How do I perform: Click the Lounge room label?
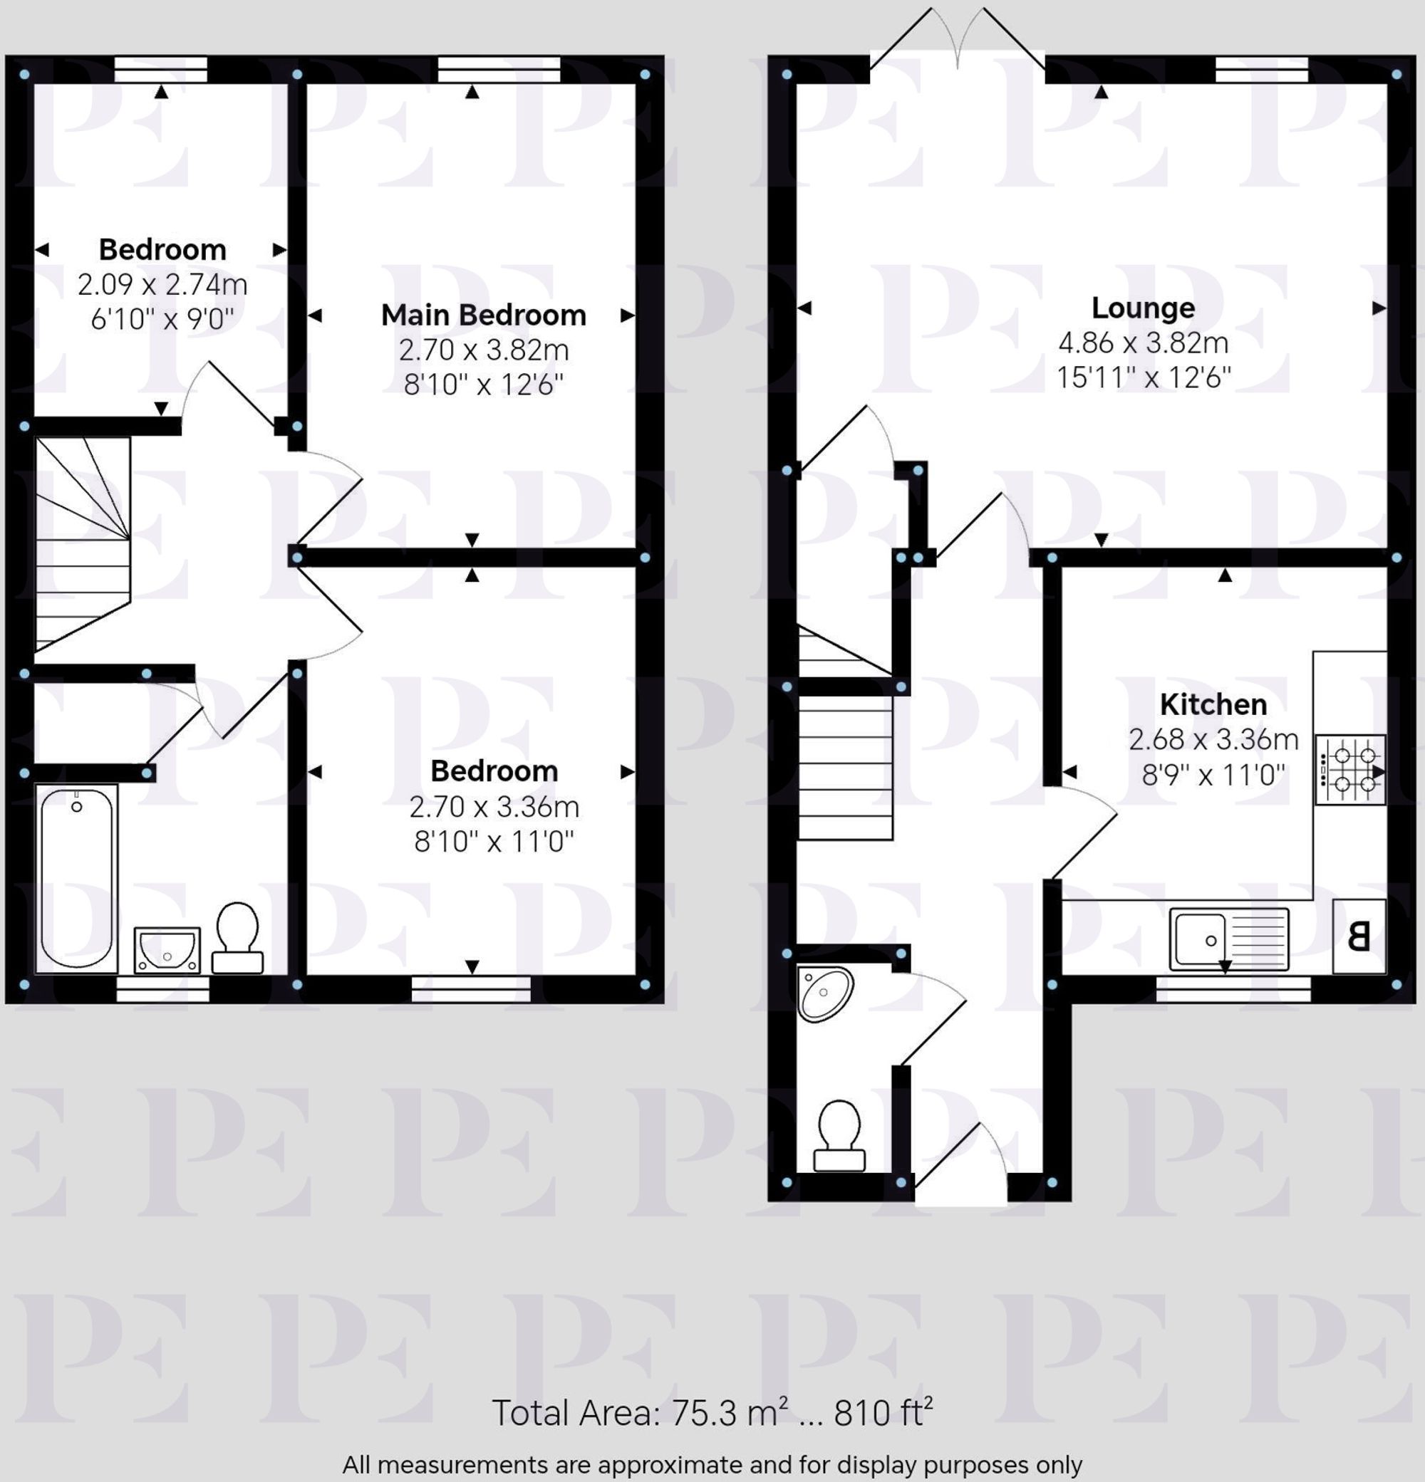tap(1143, 308)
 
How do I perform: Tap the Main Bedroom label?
tap(483, 315)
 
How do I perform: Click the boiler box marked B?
tap(1359, 936)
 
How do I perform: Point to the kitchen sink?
tap(1228, 939)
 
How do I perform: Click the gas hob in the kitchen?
tap(1350, 770)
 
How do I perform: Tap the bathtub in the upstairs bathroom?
tap(76, 878)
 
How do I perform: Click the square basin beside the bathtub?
tap(167, 951)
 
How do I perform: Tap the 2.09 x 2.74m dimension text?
tap(162, 284)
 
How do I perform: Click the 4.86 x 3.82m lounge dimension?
tap(1143, 343)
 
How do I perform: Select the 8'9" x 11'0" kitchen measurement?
tap(1213, 774)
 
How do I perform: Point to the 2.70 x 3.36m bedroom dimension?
tap(494, 807)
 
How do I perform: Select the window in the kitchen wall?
tap(1233, 988)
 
